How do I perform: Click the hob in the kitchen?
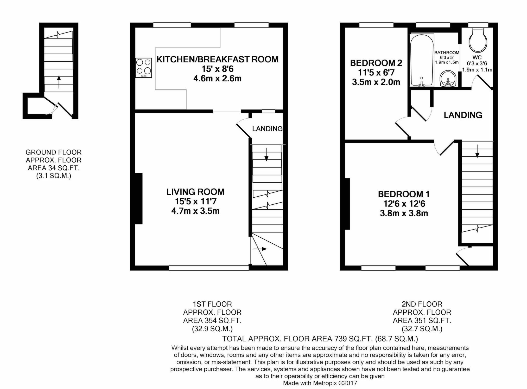point(143,67)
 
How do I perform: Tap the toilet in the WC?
point(478,41)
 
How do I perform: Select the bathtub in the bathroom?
point(422,60)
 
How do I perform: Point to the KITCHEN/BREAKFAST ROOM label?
point(217,59)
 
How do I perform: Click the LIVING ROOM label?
point(195,192)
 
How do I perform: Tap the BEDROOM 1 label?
point(404,194)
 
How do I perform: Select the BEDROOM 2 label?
point(376,63)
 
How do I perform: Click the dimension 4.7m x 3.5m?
point(195,211)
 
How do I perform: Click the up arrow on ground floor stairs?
point(59,81)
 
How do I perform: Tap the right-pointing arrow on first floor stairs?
point(260,249)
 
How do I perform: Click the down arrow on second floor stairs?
point(477,151)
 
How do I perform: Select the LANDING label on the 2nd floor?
point(463,115)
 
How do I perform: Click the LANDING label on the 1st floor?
point(267,128)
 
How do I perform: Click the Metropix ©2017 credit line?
point(320,383)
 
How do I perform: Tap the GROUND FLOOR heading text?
point(53,152)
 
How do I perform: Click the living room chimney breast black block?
point(139,198)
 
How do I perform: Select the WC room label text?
point(477,57)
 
